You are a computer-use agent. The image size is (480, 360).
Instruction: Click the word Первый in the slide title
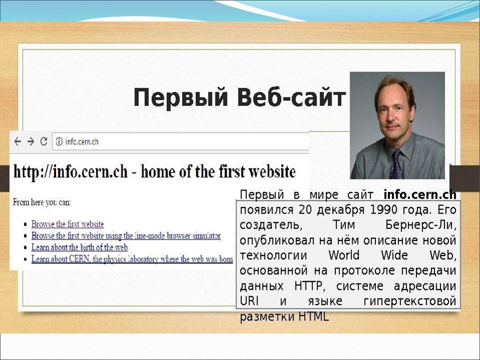[x=180, y=98]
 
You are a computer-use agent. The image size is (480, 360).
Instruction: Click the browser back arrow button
[x=18, y=141]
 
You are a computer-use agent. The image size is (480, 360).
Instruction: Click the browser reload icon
[x=44, y=141]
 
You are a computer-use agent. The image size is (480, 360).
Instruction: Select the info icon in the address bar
[x=59, y=141]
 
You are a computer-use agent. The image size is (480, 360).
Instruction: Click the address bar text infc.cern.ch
[x=82, y=141]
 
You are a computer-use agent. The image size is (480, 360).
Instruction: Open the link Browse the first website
[x=67, y=224]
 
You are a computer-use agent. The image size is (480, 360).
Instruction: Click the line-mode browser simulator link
[x=126, y=235]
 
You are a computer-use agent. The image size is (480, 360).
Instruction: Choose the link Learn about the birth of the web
[x=79, y=247]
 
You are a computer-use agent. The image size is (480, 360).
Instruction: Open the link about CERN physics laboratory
[x=132, y=259]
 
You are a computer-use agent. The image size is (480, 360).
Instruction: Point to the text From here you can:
[x=41, y=202]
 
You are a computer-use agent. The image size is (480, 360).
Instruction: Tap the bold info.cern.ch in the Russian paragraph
[x=419, y=194]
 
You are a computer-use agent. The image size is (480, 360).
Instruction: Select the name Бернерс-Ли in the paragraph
[x=420, y=225]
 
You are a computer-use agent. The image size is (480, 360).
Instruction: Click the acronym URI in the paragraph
[x=249, y=301]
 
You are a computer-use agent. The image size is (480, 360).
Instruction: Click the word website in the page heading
[x=272, y=171]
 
